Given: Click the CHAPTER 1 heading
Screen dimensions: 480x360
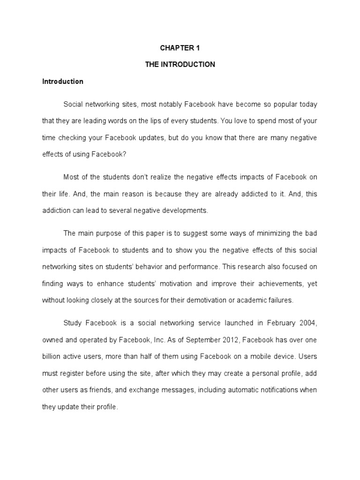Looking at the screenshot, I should [x=180, y=48].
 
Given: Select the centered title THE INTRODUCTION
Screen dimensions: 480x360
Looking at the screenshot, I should [x=180, y=65].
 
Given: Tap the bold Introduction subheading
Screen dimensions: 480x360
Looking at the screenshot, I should [x=63, y=82].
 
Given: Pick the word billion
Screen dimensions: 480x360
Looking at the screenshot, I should [x=52, y=357].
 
